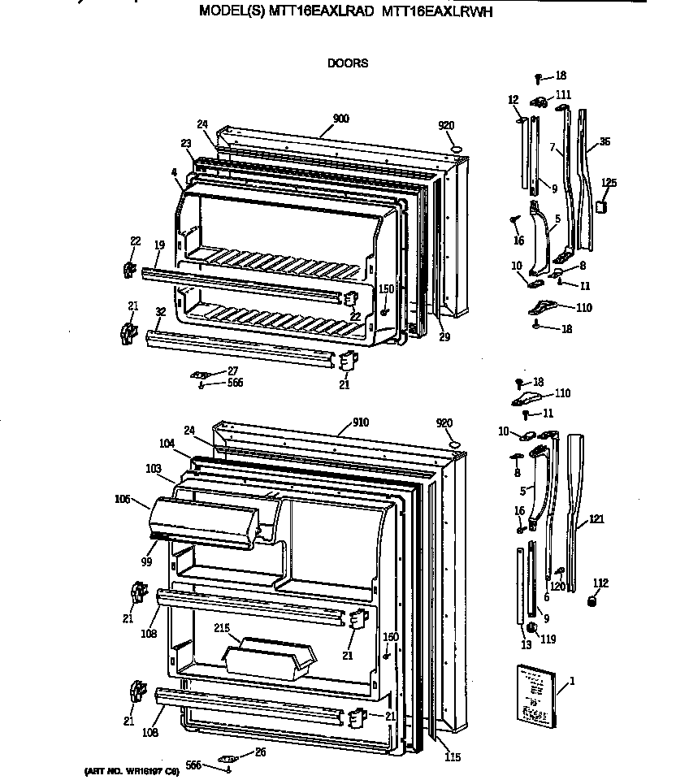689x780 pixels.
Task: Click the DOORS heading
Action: (x=347, y=63)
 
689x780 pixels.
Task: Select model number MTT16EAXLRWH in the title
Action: (x=435, y=13)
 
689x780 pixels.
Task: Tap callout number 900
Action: (x=340, y=119)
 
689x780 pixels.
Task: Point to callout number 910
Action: (x=360, y=422)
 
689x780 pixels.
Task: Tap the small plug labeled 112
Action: (x=592, y=600)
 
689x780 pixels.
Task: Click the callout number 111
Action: (x=563, y=95)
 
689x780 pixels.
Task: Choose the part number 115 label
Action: (x=453, y=757)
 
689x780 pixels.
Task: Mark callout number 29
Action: (x=444, y=337)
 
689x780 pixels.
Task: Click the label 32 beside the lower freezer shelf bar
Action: (x=160, y=311)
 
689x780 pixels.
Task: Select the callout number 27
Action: (x=232, y=370)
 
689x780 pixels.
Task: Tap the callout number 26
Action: (x=260, y=752)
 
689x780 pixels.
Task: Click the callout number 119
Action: (x=548, y=639)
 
